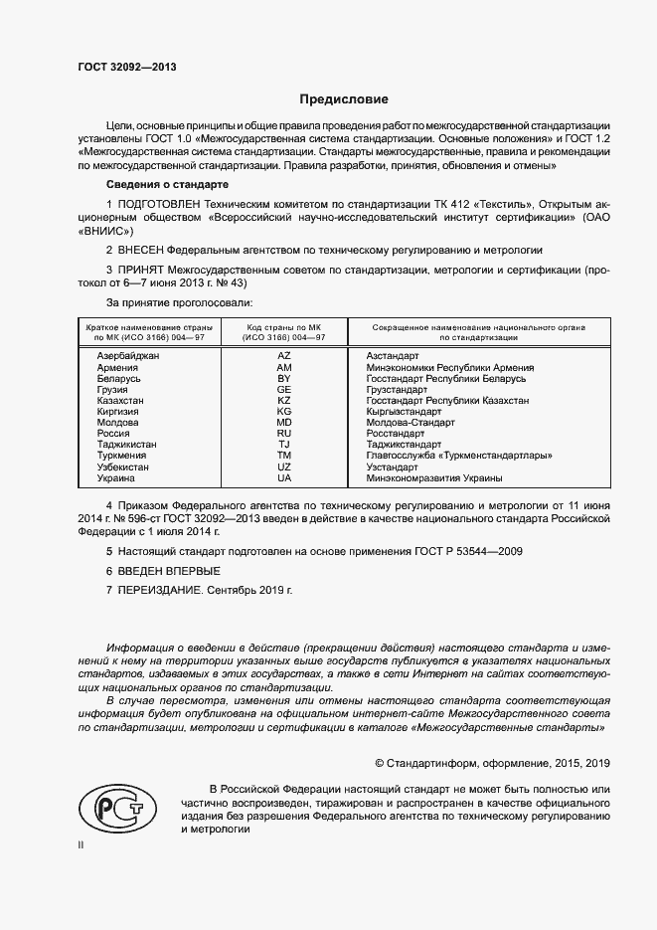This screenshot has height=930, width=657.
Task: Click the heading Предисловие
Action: click(x=344, y=99)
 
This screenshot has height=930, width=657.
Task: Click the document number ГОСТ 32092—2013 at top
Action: click(x=128, y=68)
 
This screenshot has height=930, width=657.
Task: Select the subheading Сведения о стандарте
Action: click(x=167, y=185)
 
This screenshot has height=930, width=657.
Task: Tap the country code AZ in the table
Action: click(x=284, y=356)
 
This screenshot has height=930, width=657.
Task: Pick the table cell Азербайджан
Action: click(x=128, y=356)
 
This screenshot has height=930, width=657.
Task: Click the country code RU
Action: click(x=284, y=434)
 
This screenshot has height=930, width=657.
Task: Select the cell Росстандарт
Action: click(x=395, y=434)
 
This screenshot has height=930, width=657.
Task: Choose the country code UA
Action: click(x=284, y=478)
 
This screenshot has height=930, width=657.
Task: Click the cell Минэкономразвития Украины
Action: click(x=433, y=478)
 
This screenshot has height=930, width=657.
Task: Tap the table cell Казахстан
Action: click(x=120, y=400)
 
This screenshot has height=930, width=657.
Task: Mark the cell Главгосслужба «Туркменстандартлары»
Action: click(x=459, y=456)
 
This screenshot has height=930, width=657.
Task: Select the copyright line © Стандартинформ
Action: click(x=491, y=763)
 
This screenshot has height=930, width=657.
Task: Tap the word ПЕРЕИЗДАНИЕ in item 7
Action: click(x=161, y=590)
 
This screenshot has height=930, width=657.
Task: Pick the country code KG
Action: click(x=284, y=411)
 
